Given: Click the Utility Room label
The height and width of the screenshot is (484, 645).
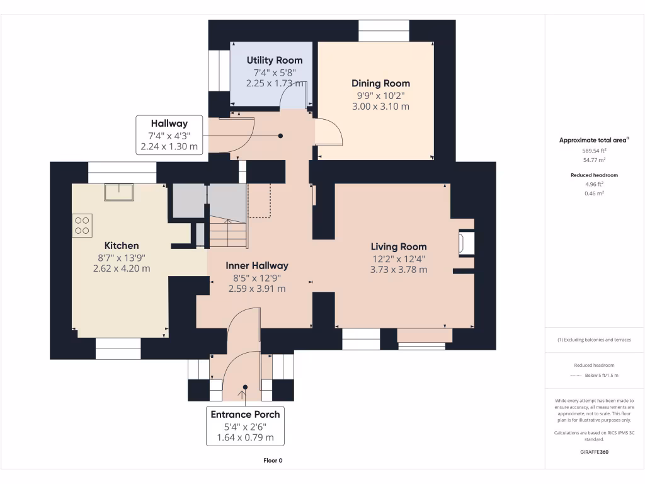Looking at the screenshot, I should click(x=274, y=60).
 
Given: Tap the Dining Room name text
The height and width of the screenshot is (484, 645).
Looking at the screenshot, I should click(x=380, y=83).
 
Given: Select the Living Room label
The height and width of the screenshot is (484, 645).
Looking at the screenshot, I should click(x=398, y=247).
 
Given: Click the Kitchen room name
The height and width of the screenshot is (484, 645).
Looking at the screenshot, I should click(x=122, y=245).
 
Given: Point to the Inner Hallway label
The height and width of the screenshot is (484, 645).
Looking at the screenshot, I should click(x=257, y=266).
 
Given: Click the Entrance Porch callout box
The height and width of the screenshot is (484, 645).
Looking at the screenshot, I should click(x=245, y=426).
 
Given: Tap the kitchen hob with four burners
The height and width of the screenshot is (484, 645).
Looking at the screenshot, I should click(x=83, y=226).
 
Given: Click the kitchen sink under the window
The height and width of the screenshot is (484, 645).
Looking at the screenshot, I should click(x=119, y=192).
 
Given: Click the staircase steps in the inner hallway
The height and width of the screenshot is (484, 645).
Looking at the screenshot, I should click(x=227, y=233).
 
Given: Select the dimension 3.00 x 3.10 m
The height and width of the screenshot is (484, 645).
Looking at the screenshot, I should click(x=380, y=107).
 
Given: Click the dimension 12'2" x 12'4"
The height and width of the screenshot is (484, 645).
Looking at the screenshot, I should click(x=398, y=258).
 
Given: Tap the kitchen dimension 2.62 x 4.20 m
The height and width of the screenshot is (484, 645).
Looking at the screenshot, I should click(x=122, y=268).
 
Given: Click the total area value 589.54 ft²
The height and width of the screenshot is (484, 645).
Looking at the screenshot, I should click(x=595, y=151).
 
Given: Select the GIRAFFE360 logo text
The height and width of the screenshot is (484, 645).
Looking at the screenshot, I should click(x=595, y=452).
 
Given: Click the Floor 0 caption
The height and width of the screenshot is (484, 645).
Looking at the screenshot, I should click(x=273, y=461).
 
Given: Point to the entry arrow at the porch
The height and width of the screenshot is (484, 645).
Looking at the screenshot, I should click(x=242, y=395).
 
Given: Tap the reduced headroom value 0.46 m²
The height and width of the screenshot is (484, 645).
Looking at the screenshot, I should click(x=595, y=193).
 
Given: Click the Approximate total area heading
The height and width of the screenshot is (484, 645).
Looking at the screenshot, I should click(x=594, y=140).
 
